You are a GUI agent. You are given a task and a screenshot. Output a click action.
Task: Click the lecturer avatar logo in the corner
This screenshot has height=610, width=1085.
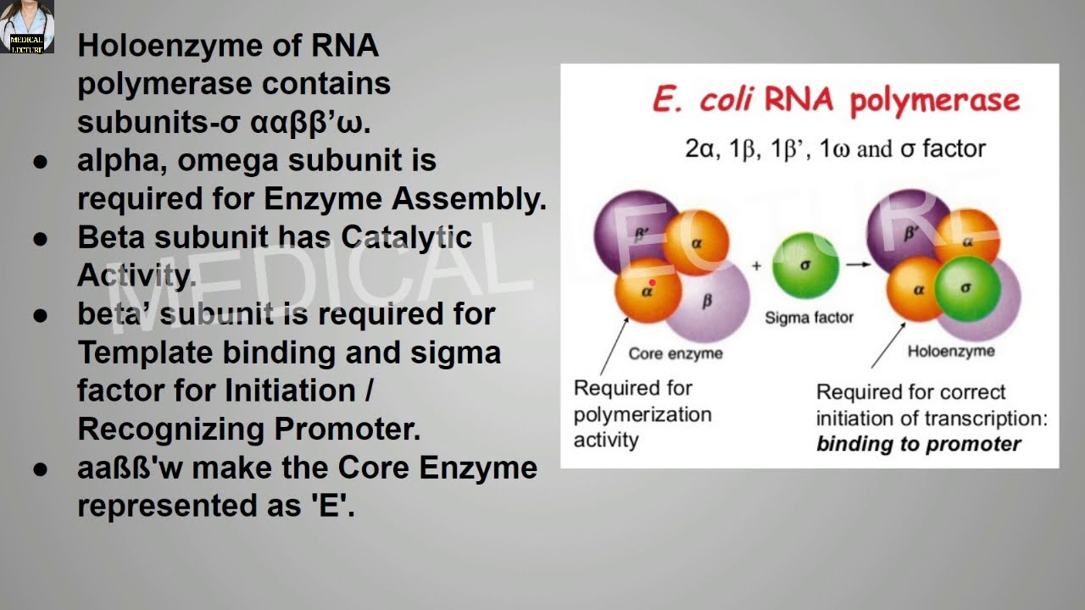pyautogui.click(x=27, y=26)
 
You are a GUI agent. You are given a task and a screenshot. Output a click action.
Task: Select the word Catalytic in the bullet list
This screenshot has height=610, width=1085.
pyautogui.click(x=406, y=237)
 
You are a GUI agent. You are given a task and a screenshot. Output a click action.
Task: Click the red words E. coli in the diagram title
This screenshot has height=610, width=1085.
pyautogui.click(x=702, y=100)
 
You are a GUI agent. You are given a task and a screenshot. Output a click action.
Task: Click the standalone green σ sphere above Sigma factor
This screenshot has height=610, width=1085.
pyautogui.click(x=805, y=265)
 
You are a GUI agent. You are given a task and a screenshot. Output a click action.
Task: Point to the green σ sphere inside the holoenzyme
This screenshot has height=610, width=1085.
pyautogui.click(x=966, y=289)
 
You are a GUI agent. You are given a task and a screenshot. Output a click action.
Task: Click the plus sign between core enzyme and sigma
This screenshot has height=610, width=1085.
pyautogui.click(x=756, y=265)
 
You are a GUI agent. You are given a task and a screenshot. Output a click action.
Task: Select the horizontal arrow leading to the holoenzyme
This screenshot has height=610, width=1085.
pyautogui.click(x=858, y=264)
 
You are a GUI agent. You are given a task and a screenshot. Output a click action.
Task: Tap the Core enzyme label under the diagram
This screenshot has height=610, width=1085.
pyautogui.click(x=675, y=353)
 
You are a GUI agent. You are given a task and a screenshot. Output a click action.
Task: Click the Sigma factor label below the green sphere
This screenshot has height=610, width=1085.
pyautogui.click(x=809, y=318)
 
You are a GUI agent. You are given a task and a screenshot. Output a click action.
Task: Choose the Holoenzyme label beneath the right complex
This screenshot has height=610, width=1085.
pyautogui.click(x=950, y=351)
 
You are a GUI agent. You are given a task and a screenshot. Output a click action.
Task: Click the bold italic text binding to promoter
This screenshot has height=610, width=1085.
pyautogui.click(x=918, y=444)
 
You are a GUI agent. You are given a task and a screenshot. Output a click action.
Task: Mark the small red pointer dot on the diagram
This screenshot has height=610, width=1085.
pyautogui.click(x=652, y=283)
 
